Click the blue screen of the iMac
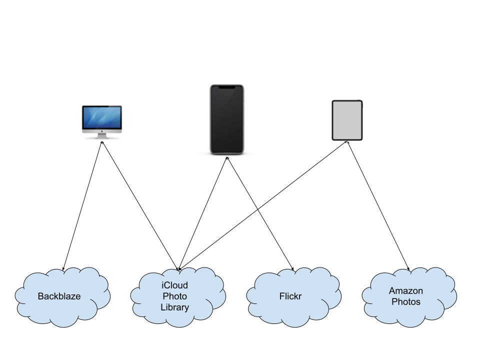click(102, 117)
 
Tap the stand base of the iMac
click(102, 137)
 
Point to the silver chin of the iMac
click(102, 131)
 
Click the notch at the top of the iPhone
click(226, 87)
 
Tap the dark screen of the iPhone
click(226, 120)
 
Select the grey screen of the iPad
click(347, 120)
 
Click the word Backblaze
click(59, 296)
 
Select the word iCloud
click(175, 285)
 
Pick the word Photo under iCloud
click(175, 296)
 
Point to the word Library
click(175, 307)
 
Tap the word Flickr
click(290, 296)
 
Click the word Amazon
click(406, 291)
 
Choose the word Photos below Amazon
click(406, 302)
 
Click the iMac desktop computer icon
click(102, 121)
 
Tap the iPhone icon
click(226, 119)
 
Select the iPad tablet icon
click(347, 120)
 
